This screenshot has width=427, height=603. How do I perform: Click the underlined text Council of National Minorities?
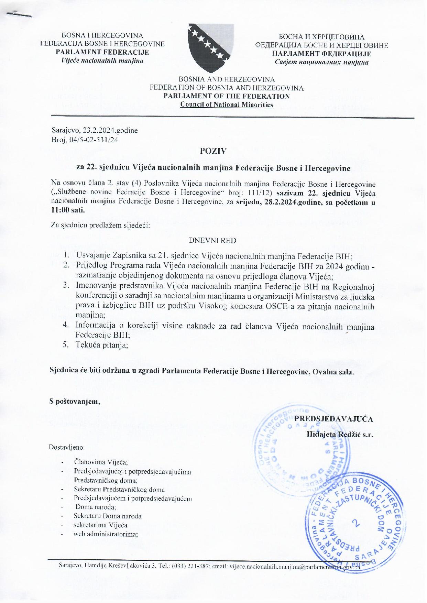pos(227,105)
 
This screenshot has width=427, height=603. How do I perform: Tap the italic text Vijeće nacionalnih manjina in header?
pos(102,61)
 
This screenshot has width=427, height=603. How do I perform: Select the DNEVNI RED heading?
pos(213,241)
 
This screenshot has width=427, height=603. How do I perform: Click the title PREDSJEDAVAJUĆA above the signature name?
pos(334,419)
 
